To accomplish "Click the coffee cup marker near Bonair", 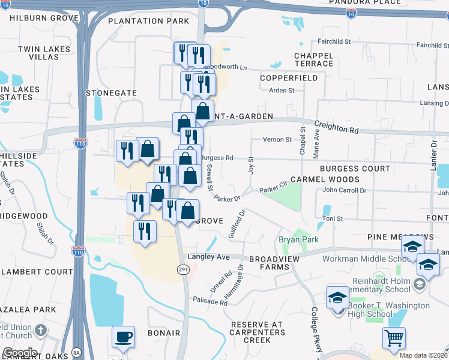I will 123,338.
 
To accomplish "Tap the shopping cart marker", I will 394,339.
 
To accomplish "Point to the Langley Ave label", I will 209,257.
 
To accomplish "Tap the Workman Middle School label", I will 366,259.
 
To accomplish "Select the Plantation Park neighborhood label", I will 148,21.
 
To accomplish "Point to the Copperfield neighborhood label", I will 289,78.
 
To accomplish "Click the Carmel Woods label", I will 325,179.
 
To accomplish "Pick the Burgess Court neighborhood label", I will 355,169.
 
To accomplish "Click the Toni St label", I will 332,219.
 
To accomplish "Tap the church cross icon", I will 40,330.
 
